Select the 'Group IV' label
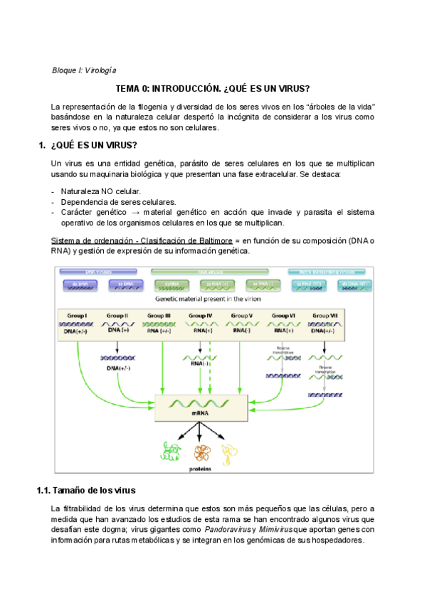tap(200, 315)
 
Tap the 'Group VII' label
tap(325, 315)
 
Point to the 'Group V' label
tap(242, 315)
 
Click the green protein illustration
tap(171, 451)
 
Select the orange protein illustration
tap(201, 452)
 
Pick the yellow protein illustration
tap(228, 451)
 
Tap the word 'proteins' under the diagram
tap(199, 469)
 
